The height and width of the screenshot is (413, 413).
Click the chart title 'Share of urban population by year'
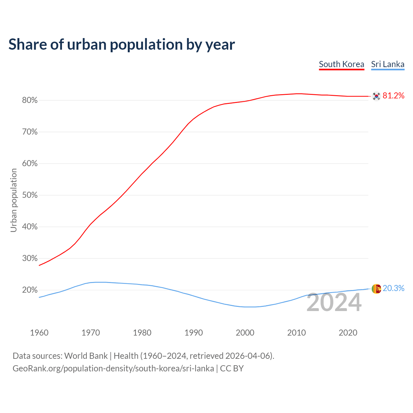click(122, 45)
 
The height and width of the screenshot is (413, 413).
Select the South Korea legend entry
click(341, 64)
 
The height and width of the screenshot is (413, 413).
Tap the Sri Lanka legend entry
click(388, 64)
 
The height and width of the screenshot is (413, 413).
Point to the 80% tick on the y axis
click(30, 100)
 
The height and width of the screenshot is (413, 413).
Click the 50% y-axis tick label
click(30, 195)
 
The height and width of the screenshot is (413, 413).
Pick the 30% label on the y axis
click(30, 258)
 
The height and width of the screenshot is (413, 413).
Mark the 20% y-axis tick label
click(30, 290)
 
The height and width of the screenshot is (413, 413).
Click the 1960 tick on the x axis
click(39, 333)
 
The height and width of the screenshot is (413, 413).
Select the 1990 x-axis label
click(194, 333)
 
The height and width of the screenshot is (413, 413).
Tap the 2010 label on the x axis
click(297, 333)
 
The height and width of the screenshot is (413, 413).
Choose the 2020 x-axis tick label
click(348, 333)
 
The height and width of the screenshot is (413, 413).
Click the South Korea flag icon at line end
click(376, 96)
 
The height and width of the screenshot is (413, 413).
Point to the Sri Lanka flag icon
click(376, 289)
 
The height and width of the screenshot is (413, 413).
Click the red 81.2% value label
click(393, 96)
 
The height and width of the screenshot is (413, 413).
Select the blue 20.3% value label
click(393, 288)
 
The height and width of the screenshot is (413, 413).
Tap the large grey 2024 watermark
click(334, 303)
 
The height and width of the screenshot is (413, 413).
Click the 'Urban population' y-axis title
click(14, 200)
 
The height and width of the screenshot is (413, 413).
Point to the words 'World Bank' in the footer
click(86, 356)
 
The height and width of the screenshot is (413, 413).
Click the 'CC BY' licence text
click(232, 368)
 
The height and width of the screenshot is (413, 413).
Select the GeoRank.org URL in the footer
click(113, 368)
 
